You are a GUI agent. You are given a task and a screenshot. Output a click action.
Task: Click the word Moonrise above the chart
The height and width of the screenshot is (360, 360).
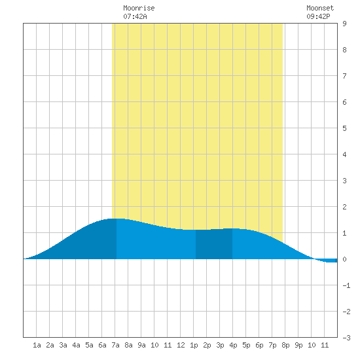click(139, 8)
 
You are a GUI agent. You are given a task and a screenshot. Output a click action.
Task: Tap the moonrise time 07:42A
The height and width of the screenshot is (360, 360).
click(135, 16)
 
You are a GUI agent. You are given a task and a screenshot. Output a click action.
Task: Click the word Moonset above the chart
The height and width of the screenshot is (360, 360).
click(320, 8)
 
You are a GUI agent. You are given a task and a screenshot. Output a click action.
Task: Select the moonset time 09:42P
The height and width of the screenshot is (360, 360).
click(318, 16)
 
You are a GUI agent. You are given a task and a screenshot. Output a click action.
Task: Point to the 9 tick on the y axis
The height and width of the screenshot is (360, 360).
click(344, 24)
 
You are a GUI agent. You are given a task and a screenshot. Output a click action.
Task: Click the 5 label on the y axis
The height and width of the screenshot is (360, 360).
click(344, 128)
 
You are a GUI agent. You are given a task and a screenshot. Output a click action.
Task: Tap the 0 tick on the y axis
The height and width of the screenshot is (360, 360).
click(344, 259)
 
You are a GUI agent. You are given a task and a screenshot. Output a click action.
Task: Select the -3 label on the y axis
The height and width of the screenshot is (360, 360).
click(346, 338)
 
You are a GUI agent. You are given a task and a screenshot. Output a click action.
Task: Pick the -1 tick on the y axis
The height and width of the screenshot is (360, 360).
click(346, 285)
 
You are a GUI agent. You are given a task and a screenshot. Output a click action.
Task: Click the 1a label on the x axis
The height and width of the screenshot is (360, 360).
click(37, 345)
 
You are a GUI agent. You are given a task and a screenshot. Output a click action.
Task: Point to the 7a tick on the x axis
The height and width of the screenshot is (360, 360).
click(115, 345)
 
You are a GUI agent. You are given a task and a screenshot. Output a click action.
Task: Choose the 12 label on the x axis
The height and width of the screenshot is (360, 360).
click(181, 345)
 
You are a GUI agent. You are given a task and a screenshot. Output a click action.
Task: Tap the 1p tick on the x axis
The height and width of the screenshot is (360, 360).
click(194, 345)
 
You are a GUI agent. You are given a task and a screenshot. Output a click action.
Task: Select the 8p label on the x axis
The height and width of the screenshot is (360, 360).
click(285, 345)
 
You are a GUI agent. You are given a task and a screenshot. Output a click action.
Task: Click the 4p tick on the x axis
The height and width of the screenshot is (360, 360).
click(233, 345)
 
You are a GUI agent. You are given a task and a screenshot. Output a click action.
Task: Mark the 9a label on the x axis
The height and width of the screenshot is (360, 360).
click(141, 345)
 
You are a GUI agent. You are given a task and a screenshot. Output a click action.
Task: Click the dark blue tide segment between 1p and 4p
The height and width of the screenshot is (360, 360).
click(214, 244)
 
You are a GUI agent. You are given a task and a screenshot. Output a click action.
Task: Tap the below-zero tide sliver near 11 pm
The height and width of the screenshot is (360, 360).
click(326, 261)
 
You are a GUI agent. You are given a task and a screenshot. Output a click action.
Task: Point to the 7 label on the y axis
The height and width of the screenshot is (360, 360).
click(344, 76)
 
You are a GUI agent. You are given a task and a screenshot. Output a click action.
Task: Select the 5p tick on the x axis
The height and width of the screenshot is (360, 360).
click(246, 345)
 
